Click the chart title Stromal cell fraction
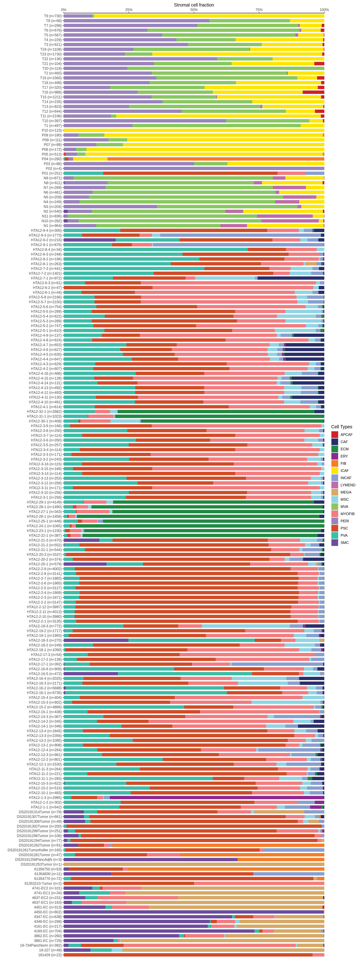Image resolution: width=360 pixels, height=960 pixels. pos(194,5)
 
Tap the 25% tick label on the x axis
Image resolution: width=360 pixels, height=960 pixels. pos(129,10)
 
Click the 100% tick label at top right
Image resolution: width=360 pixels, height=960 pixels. pos(324,10)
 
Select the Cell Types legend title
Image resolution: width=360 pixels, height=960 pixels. pos(341,427)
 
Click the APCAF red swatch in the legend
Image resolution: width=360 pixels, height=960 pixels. pos(335,434)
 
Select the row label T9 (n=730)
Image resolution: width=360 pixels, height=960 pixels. pos(52,16)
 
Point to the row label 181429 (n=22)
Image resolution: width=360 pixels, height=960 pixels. pos(50,955)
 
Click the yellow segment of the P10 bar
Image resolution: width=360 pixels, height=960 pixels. pos(194,130)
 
